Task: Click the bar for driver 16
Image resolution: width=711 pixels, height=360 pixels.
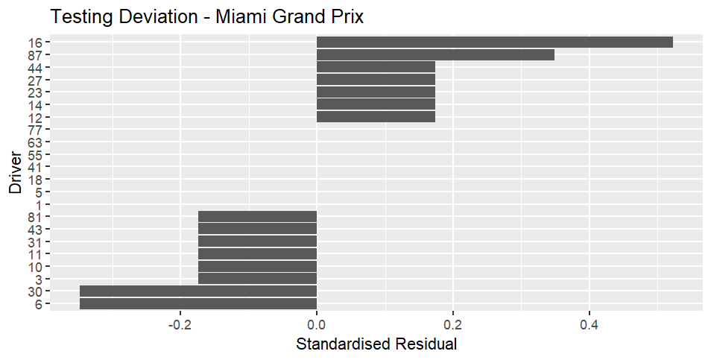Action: (495, 42)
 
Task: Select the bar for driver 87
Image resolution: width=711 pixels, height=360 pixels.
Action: (435, 55)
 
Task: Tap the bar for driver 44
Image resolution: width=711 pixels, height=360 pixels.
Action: (376, 67)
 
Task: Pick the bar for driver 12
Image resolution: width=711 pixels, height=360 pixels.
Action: (376, 117)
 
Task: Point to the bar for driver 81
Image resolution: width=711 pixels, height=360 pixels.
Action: (258, 217)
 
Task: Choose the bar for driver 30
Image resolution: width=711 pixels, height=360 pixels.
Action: (198, 291)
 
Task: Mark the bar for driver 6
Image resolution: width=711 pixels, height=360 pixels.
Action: (198, 304)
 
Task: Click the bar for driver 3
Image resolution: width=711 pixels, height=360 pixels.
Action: (258, 279)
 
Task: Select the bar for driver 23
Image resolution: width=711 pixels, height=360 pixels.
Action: (376, 92)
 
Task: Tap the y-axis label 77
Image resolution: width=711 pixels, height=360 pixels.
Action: (35, 130)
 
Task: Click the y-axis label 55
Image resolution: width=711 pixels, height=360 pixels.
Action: (35, 154)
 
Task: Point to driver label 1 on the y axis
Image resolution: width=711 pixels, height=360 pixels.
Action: (39, 204)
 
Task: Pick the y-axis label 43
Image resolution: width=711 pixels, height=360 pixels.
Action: (35, 230)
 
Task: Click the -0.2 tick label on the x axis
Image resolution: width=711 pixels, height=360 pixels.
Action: (180, 325)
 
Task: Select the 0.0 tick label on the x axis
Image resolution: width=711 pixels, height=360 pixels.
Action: (317, 325)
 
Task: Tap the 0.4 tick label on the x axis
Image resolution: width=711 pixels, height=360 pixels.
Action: (589, 325)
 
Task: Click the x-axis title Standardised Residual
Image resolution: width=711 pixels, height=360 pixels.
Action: (376, 344)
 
